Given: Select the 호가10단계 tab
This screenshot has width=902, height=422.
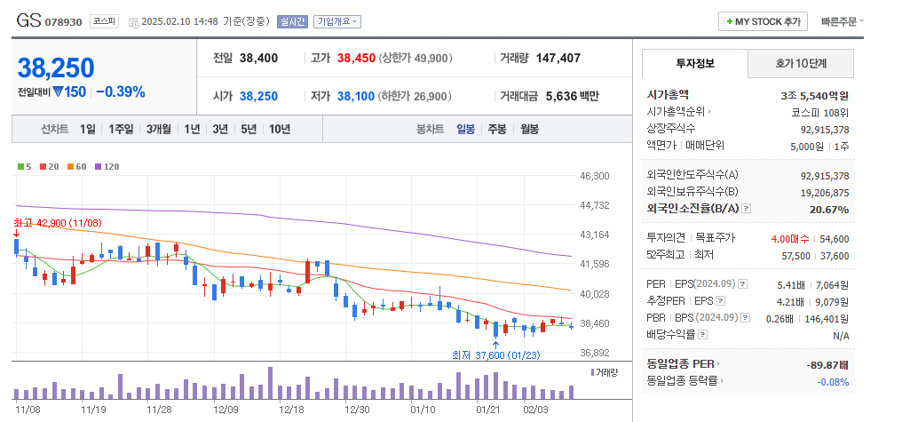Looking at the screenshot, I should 801,64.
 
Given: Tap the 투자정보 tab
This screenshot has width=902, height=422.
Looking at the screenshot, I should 694,64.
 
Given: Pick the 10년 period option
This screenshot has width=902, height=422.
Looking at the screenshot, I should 280,129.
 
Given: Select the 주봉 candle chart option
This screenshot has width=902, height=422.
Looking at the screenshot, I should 496,129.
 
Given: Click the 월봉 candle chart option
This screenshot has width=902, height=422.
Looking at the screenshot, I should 529,129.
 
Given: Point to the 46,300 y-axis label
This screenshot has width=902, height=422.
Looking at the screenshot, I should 594,177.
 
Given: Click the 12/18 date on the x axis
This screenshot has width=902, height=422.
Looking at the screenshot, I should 292,410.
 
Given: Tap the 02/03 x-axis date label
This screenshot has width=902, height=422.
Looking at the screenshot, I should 536,410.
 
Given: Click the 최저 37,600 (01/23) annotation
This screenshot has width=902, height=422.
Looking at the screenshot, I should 495,354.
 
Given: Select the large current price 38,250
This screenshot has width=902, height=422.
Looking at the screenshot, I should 56,68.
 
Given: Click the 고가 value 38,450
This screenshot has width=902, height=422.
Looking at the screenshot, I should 355,58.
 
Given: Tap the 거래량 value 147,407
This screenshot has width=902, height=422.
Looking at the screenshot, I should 558,58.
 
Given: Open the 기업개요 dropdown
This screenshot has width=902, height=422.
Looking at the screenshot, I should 338,21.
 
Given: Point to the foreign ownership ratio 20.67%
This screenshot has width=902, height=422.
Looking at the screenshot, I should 829,209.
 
